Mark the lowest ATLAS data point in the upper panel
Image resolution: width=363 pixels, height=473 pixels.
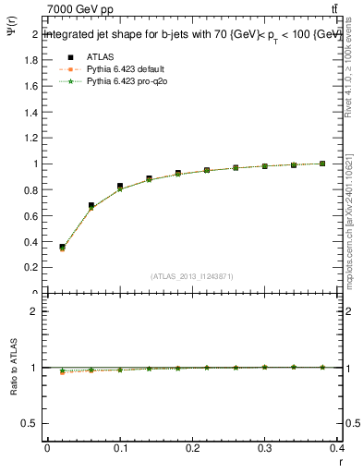(62, 248)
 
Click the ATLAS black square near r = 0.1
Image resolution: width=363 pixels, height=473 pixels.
(120, 186)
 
